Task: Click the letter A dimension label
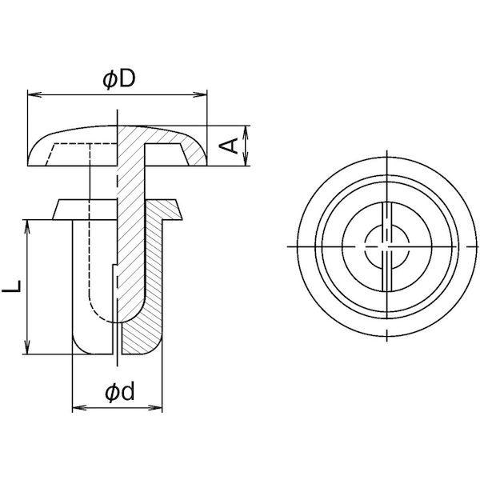(230, 146)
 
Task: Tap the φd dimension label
(118, 392)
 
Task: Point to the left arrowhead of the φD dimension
(32, 96)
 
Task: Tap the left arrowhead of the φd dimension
(77, 409)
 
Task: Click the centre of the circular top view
(386, 246)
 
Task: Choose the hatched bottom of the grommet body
(144, 336)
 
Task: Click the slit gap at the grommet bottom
(118, 340)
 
